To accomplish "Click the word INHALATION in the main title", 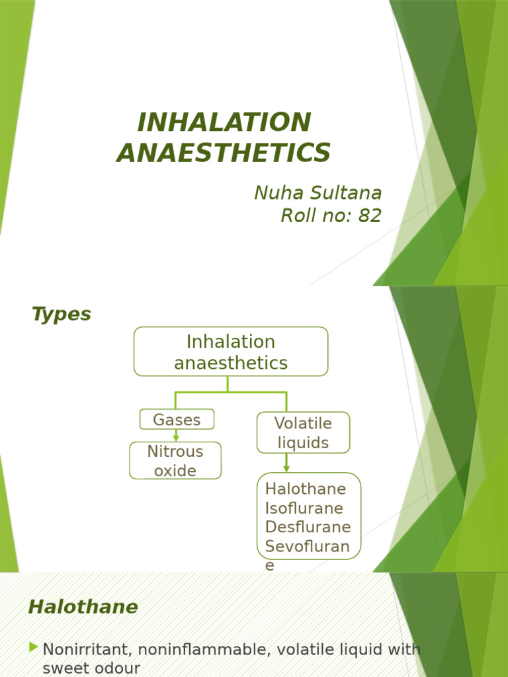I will (224, 122).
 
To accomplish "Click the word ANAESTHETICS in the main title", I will (224, 153).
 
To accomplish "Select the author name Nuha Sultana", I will (317, 192).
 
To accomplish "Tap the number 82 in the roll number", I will (370, 216).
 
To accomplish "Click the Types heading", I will (61, 314).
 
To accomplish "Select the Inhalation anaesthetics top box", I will (231, 352).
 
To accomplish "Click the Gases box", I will (177, 419).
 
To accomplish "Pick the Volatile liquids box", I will (303, 432).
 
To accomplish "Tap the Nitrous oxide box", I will (175, 461).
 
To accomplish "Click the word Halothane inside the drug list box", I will (306, 489).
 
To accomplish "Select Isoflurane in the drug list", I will (304, 508).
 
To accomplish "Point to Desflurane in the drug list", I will (308, 527).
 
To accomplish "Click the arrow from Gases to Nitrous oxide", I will (176, 436).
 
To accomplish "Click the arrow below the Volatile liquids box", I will (286, 463).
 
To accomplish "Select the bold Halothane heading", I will (83, 607).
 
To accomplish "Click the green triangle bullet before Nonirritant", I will (34, 648).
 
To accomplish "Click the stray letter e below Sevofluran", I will (269, 565).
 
